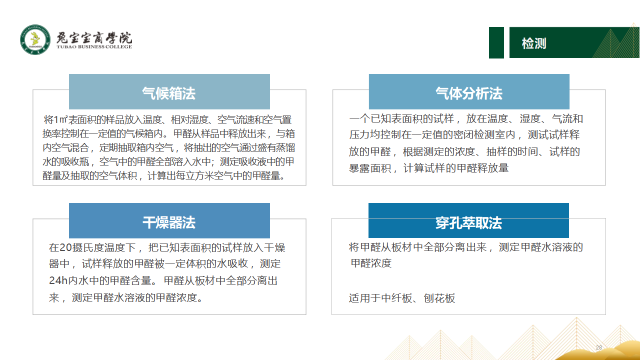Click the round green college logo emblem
click(35, 39)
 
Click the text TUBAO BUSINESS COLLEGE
click(94, 47)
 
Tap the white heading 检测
click(533, 43)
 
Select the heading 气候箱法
click(169, 93)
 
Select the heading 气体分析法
click(469, 93)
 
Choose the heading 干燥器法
click(169, 222)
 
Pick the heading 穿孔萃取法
click(468, 223)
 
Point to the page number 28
click(599, 347)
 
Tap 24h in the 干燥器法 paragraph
click(58, 280)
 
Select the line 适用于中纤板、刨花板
click(401, 298)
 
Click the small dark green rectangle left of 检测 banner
click(496, 42)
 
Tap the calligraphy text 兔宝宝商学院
click(94, 37)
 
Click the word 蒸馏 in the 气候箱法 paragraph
click(285, 147)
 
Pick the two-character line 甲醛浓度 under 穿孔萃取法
click(371, 263)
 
